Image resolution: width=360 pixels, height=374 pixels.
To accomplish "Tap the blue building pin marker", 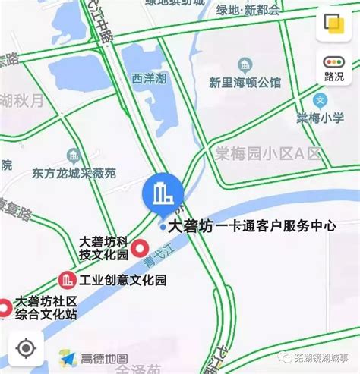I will pos(161,194).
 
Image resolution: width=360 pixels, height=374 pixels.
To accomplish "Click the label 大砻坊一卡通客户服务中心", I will pos(251,225).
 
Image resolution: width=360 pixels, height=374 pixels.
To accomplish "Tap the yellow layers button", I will pos(333,24).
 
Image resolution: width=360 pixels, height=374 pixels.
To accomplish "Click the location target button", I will pos(25,347).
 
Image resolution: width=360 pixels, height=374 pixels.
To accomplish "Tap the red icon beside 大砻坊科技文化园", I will pos(140,248).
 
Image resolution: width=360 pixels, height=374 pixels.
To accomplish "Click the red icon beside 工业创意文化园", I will pos(67,281).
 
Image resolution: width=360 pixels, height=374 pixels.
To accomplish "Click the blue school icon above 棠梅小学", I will pos(320,99).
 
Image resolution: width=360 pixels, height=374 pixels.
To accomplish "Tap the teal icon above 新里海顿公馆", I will pos(245,64).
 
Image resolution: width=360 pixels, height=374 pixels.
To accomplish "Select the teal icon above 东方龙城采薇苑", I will pos(74,156).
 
